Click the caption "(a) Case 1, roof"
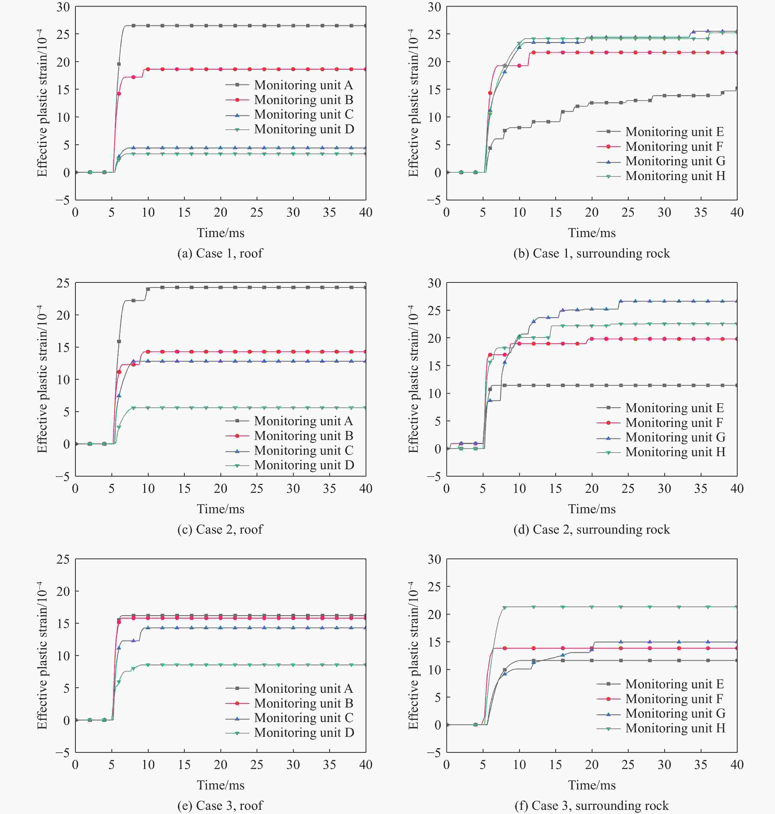click(220, 253)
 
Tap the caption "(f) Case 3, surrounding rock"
click(591, 805)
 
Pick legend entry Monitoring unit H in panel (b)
click(675, 176)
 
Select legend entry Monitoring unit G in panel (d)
click(675, 437)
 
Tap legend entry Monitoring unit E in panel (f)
click(674, 684)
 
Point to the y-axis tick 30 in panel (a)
click(63, 7)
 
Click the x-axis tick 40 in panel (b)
click(737, 213)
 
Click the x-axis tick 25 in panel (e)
click(257, 765)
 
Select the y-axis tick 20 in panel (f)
click(434, 614)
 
